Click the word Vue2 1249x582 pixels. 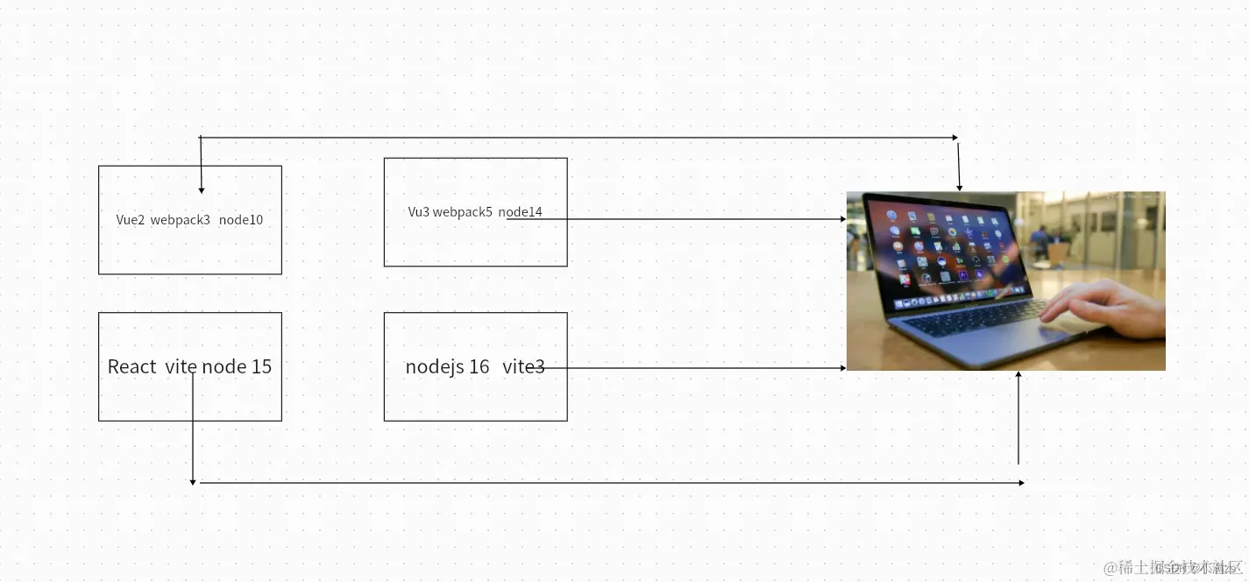point(130,220)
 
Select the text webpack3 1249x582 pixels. point(180,220)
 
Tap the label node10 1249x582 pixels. point(241,220)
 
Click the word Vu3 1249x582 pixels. point(418,212)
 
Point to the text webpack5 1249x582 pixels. point(462,212)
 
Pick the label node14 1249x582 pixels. point(520,212)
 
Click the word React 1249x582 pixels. point(131,366)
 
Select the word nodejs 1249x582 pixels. point(434,366)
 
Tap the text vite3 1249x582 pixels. point(523,366)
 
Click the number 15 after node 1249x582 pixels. point(261,366)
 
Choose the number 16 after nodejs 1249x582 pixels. point(479,366)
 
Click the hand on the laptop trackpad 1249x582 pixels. point(1096,307)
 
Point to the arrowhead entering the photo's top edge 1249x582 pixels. point(960,187)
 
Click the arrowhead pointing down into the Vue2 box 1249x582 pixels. point(202,189)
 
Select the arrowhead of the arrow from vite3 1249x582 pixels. point(842,368)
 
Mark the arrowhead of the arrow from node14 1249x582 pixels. point(842,219)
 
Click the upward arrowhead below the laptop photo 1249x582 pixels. point(1018,375)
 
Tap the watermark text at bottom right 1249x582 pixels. point(1173,568)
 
